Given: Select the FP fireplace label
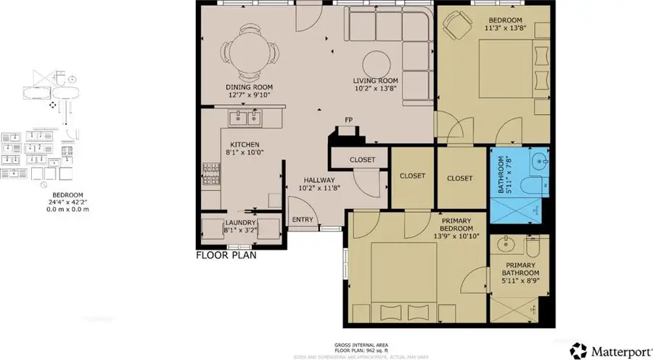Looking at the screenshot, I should [348, 121].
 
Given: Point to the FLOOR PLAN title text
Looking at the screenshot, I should [226, 255].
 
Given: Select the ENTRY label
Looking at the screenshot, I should [302, 220].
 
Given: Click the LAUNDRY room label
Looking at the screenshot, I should [240, 224].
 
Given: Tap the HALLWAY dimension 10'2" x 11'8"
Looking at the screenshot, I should [319, 188].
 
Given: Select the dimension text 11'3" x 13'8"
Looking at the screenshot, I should [506, 29].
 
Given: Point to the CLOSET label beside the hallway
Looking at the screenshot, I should [362, 160].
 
